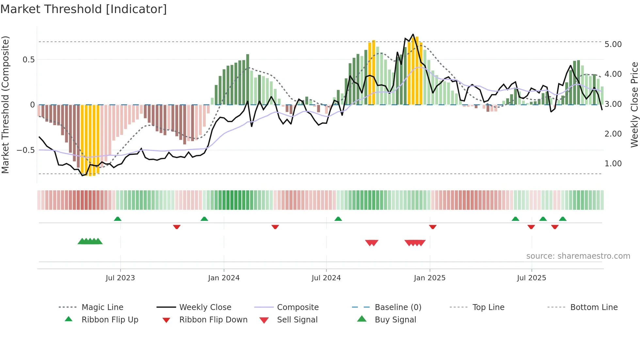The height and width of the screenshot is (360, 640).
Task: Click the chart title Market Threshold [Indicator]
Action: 84,9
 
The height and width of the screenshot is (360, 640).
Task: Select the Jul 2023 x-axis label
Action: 120,278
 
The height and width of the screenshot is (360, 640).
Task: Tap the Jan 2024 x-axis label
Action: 224,278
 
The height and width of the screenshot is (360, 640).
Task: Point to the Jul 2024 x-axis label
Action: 326,278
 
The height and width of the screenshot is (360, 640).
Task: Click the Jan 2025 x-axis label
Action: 429,278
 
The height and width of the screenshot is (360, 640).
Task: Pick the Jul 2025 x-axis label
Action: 531,278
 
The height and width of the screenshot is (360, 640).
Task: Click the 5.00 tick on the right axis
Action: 613,44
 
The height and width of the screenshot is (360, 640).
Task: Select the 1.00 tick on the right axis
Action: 613,164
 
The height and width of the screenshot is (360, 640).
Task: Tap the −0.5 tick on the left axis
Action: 25,150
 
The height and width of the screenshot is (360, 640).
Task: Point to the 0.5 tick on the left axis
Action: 28,60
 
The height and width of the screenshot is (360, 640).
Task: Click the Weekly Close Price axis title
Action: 634,105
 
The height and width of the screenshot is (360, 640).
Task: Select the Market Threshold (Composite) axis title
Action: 5,105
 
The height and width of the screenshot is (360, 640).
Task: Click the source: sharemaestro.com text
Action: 578,256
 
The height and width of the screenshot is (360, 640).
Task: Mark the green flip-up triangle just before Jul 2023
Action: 118,219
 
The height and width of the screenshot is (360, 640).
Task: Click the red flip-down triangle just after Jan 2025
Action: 433,227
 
